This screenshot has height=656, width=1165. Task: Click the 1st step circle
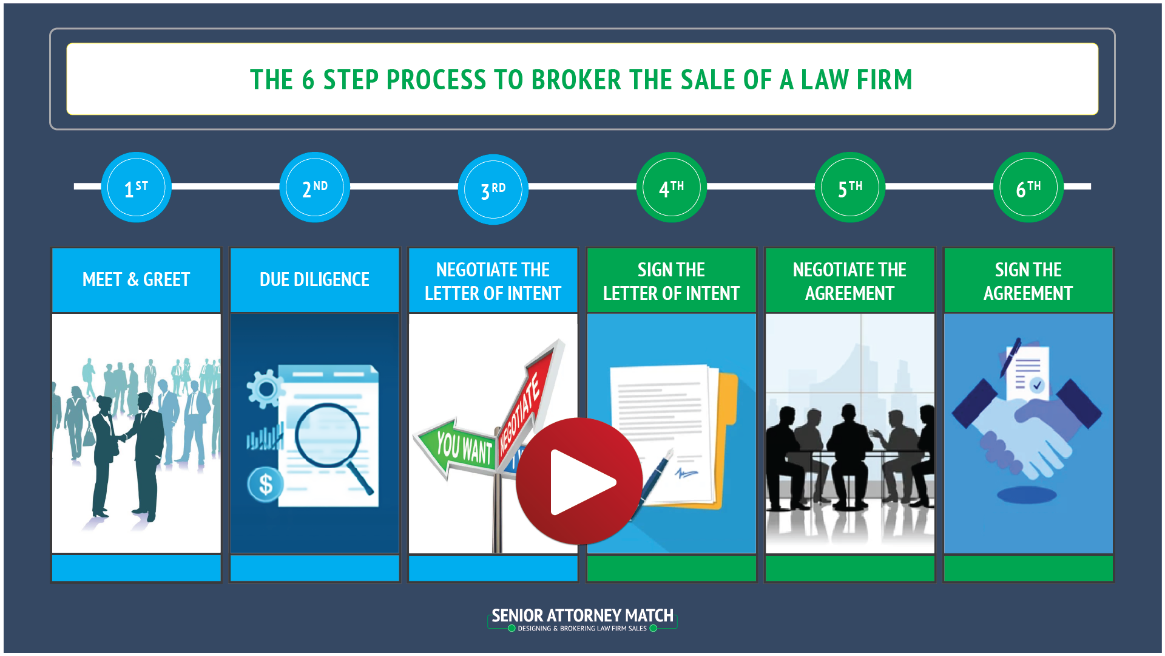[136, 187]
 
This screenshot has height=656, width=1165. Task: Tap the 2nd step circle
[314, 187]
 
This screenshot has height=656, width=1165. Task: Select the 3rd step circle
[493, 189]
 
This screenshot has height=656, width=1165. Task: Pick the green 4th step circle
[671, 187]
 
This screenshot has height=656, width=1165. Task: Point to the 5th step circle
[849, 187]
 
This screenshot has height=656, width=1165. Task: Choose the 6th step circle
[1028, 187]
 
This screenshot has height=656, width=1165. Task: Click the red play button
[579, 481]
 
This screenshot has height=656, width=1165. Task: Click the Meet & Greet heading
[136, 279]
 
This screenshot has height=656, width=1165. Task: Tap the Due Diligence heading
[314, 279]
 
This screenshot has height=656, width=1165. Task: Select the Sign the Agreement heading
[1028, 281]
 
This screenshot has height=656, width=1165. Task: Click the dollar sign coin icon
[265, 485]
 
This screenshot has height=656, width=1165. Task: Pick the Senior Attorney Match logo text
[582, 616]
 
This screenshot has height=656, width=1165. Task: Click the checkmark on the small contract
[1037, 384]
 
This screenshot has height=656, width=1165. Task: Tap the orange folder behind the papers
[728, 425]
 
